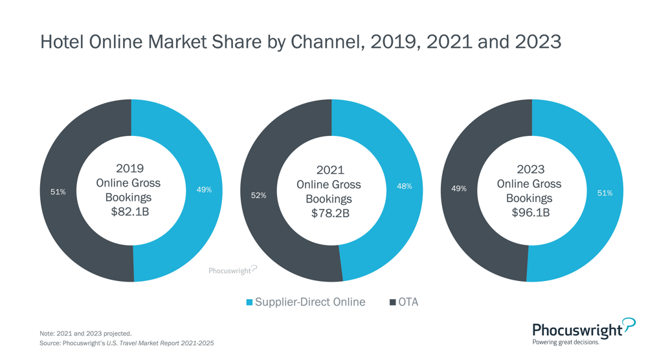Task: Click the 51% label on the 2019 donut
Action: click(58, 192)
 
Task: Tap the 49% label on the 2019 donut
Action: click(204, 190)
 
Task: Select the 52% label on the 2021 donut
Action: click(258, 195)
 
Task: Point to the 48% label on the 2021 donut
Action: click(404, 186)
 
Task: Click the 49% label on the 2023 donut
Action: click(458, 188)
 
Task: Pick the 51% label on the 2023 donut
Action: click(605, 193)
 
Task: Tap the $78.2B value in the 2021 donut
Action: click(330, 213)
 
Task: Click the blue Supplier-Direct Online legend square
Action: click(250, 302)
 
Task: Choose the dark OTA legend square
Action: click(392, 302)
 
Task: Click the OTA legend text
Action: click(408, 302)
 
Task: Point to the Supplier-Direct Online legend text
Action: click(310, 302)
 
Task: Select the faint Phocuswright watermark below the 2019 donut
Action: click(232, 270)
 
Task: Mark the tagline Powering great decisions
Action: click(565, 343)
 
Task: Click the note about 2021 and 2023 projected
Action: click(85, 333)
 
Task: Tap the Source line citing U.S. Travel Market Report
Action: click(126, 343)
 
